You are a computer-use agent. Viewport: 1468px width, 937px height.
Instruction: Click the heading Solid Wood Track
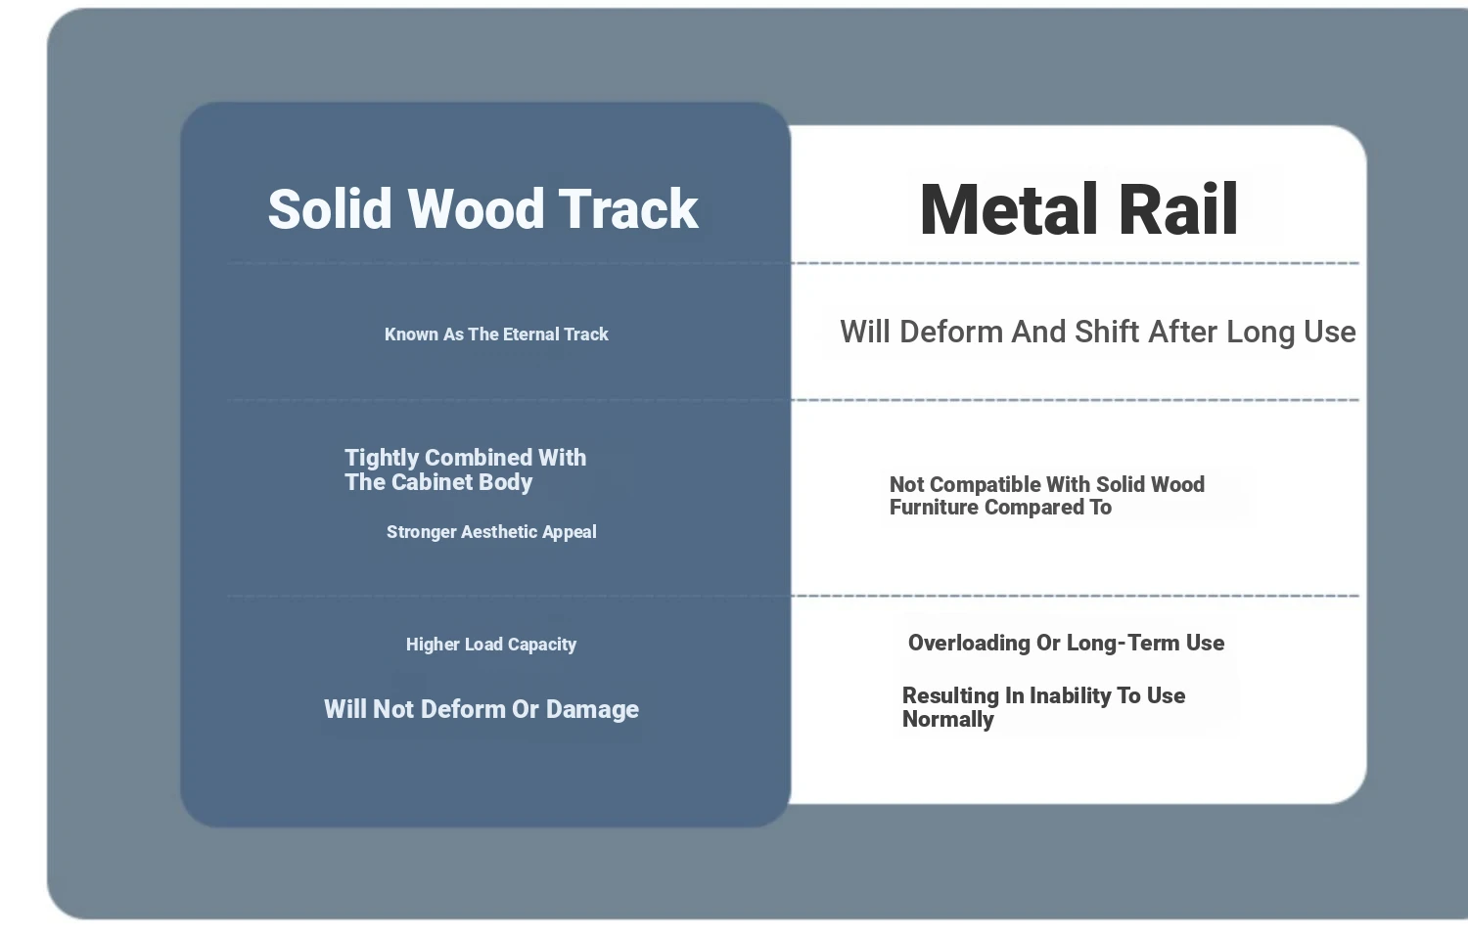coord(483,209)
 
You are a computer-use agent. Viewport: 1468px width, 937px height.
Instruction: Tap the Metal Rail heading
coord(1078,209)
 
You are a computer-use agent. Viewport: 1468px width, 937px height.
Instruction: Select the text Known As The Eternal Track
coord(496,334)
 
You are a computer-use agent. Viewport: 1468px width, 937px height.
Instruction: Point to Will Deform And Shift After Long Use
coord(1098,332)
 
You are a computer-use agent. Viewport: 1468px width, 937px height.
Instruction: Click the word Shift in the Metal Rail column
coord(1106,332)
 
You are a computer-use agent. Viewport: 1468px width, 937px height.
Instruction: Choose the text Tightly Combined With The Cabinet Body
coord(465,469)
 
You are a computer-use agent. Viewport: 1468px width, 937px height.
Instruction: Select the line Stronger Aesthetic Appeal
coord(491,532)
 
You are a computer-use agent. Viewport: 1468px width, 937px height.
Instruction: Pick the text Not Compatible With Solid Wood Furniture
coord(1046,496)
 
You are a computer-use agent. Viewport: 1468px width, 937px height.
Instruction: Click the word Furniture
coord(934,508)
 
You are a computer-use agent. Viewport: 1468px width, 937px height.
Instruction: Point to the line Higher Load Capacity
coord(491,645)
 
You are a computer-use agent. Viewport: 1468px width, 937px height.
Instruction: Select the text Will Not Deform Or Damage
coord(482,709)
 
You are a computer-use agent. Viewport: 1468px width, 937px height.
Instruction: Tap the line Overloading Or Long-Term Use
coord(1067,643)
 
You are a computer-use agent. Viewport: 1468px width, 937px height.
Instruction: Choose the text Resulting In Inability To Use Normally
coord(1043,707)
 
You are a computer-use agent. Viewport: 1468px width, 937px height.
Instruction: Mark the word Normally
coord(947,720)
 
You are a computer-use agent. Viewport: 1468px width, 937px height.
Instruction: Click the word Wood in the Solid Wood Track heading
coord(476,209)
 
